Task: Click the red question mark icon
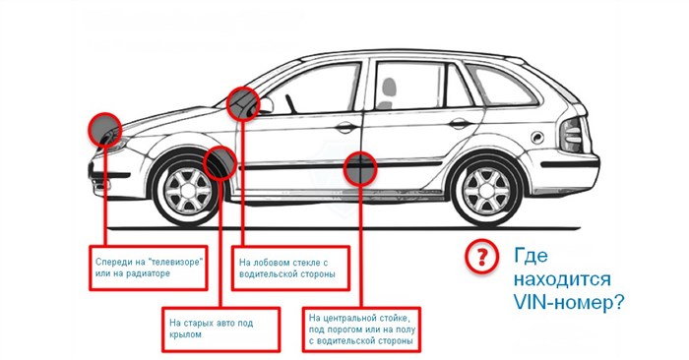pos(481,257)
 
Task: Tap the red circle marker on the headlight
pos(104,129)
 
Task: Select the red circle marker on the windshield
pos(243,103)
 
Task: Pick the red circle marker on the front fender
pos(220,162)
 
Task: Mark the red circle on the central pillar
pos(360,167)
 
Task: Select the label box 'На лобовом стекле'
pos(291,268)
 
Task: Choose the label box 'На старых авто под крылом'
pos(221,330)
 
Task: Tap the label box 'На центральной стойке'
pos(361,330)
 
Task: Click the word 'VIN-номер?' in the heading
pos(569,303)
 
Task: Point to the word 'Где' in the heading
pos(532,255)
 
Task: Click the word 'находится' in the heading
pos(562,279)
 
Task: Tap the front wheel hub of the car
pos(188,192)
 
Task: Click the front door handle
pos(346,128)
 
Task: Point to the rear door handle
pos(460,124)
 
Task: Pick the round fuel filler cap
pos(537,138)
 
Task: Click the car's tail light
pos(572,134)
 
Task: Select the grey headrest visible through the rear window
pos(389,87)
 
